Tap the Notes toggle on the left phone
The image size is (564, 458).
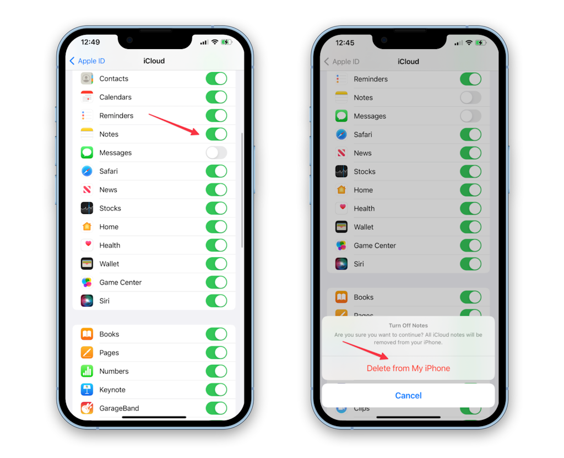point(216,134)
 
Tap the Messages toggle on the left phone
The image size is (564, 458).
point(216,153)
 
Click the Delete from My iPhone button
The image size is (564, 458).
point(408,368)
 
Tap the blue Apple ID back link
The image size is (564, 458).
point(87,61)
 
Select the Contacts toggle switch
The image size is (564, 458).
point(216,78)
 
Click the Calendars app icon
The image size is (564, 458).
point(87,97)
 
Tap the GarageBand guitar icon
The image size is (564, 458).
point(87,408)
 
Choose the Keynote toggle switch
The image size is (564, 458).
point(216,390)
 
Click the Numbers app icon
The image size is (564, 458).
point(87,371)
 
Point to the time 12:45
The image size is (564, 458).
point(345,43)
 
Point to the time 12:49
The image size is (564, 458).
point(90,42)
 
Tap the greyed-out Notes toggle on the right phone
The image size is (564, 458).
point(470,98)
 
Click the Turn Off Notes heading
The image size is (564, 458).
point(408,326)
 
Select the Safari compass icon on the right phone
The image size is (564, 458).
point(341,134)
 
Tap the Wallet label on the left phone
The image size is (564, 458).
point(109,264)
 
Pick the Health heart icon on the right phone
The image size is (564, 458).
point(341,208)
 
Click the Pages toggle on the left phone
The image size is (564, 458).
point(216,353)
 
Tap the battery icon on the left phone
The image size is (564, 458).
point(226,42)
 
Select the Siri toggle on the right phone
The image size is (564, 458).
point(470,264)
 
